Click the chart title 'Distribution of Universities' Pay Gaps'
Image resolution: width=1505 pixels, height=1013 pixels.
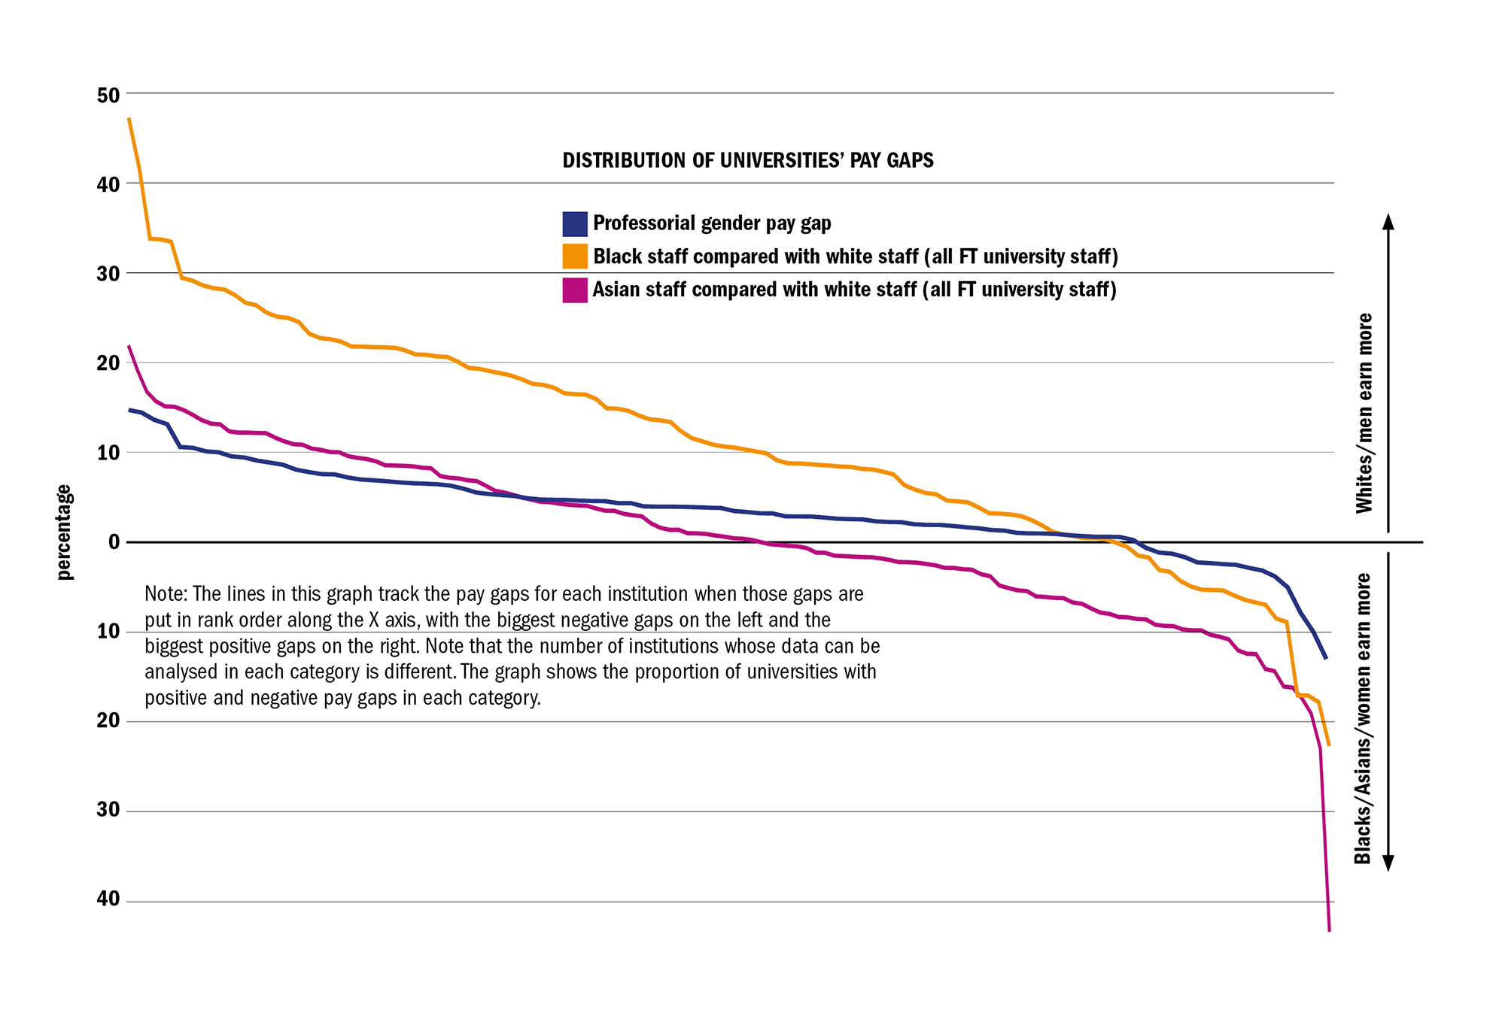[x=748, y=160]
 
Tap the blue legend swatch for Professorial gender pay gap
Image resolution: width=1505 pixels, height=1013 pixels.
[x=575, y=224]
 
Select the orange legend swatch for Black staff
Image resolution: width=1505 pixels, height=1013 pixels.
[x=575, y=256]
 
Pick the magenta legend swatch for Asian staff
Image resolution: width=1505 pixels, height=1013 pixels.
[x=575, y=290]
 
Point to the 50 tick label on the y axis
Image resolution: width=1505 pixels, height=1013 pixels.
[x=108, y=96]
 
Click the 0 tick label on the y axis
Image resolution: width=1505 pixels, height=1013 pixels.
[x=114, y=542]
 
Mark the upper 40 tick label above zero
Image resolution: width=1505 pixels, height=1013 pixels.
[x=108, y=184]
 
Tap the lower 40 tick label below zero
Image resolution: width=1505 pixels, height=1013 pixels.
[x=108, y=899]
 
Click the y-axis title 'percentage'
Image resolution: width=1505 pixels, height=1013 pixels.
[x=65, y=532]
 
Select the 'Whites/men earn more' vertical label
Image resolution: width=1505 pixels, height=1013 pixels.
[x=1364, y=414]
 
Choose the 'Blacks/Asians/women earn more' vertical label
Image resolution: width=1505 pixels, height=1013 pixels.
[x=1363, y=718]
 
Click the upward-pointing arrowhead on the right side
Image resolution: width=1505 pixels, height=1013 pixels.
[x=1389, y=221]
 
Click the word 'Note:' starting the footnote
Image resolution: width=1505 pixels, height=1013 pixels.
[x=166, y=594]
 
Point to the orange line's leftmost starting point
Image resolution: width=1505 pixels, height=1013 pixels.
[x=129, y=118]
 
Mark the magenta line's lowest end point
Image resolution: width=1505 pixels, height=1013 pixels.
[x=1330, y=930]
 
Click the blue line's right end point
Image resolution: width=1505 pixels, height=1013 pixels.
[x=1326, y=658]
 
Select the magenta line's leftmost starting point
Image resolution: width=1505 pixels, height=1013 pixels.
[x=129, y=346]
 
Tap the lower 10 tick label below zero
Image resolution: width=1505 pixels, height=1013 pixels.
[x=108, y=631]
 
